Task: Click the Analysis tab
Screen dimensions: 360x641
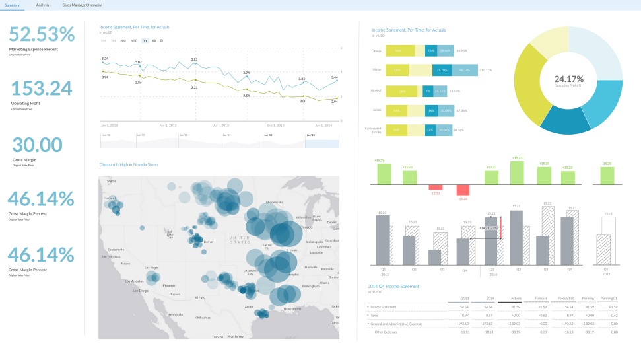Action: pos(42,5)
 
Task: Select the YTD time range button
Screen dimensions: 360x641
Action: pos(134,40)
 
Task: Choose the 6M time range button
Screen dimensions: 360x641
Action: pos(123,40)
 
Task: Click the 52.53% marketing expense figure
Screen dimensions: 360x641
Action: pos(42,34)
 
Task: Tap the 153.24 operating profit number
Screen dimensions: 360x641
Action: pos(42,89)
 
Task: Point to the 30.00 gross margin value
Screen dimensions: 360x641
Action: pos(37,145)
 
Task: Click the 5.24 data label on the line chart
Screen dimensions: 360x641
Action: pos(105,59)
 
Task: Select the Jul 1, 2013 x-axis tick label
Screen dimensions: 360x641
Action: pos(220,124)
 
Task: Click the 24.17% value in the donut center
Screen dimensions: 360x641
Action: pos(568,79)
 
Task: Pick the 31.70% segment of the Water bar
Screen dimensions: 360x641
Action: pos(442,69)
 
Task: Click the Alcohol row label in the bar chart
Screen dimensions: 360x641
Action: pos(376,90)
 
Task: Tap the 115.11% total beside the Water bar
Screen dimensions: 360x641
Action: pos(485,69)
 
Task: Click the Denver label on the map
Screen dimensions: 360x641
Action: pos(209,242)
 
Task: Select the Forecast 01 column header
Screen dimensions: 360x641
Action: pos(566,298)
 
